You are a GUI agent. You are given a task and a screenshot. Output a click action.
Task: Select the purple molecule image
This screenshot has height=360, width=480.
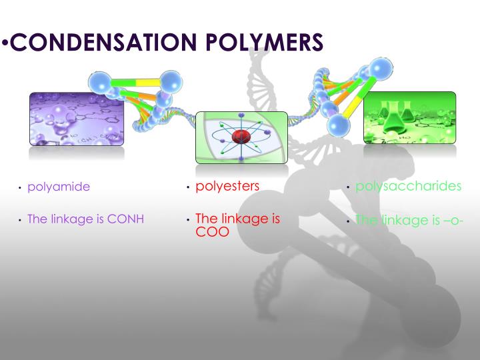(77, 119)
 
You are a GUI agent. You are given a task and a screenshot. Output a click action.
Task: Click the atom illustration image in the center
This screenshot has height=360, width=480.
(241, 137)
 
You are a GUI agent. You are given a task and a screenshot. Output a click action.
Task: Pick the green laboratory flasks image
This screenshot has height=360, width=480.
(409, 117)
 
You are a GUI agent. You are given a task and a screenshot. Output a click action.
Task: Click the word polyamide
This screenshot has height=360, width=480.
(59, 187)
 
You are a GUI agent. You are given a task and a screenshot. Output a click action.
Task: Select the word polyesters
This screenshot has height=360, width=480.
(227, 186)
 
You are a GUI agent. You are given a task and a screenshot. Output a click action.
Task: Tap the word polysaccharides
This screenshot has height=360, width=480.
(408, 186)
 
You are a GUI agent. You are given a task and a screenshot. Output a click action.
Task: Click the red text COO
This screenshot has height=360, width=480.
(212, 231)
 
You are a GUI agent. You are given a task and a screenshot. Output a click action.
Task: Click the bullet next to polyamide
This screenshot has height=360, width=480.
(21, 188)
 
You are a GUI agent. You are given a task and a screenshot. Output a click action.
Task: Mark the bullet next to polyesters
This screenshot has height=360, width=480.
(189, 187)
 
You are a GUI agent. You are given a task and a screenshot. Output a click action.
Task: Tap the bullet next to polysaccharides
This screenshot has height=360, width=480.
(349, 187)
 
